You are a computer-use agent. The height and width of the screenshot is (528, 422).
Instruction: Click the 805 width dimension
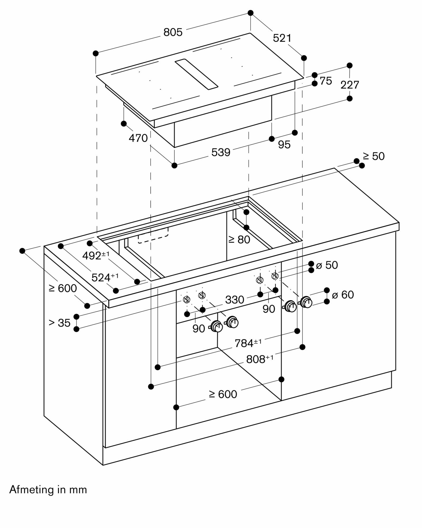tap(173, 32)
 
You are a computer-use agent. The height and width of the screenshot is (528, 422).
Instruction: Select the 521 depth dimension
tap(282, 38)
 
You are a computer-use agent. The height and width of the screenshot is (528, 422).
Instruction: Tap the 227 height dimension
tap(350, 85)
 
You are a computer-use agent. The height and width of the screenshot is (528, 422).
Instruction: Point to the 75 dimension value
tap(326, 81)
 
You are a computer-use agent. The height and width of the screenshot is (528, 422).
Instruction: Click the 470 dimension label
tap(138, 138)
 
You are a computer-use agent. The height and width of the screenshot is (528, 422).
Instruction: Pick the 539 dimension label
tap(221, 152)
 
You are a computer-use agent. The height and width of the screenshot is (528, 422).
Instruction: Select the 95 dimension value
tap(284, 145)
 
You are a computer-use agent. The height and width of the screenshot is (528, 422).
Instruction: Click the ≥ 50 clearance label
tap(374, 156)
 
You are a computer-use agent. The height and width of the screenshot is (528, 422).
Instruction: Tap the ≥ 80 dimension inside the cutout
tap(239, 240)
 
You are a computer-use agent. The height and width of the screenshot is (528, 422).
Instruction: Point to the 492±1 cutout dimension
tap(96, 256)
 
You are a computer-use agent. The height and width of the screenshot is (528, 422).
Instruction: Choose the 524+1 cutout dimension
tap(105, 277)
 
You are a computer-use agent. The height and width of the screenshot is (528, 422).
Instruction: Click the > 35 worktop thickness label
tap(60, 323)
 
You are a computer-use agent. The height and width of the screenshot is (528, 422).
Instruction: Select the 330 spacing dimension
tap(235, 300)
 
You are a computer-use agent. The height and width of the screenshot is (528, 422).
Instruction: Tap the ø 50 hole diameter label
tap(327, 265)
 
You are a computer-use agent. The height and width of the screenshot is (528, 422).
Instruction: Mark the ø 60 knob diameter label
tap(343, 295)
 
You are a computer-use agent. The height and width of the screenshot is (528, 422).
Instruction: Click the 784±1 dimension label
tap(248, 343)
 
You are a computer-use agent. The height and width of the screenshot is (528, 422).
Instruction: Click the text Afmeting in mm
tap(48, 490)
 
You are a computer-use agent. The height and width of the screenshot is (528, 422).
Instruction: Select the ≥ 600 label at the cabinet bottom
tap(223, 394)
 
